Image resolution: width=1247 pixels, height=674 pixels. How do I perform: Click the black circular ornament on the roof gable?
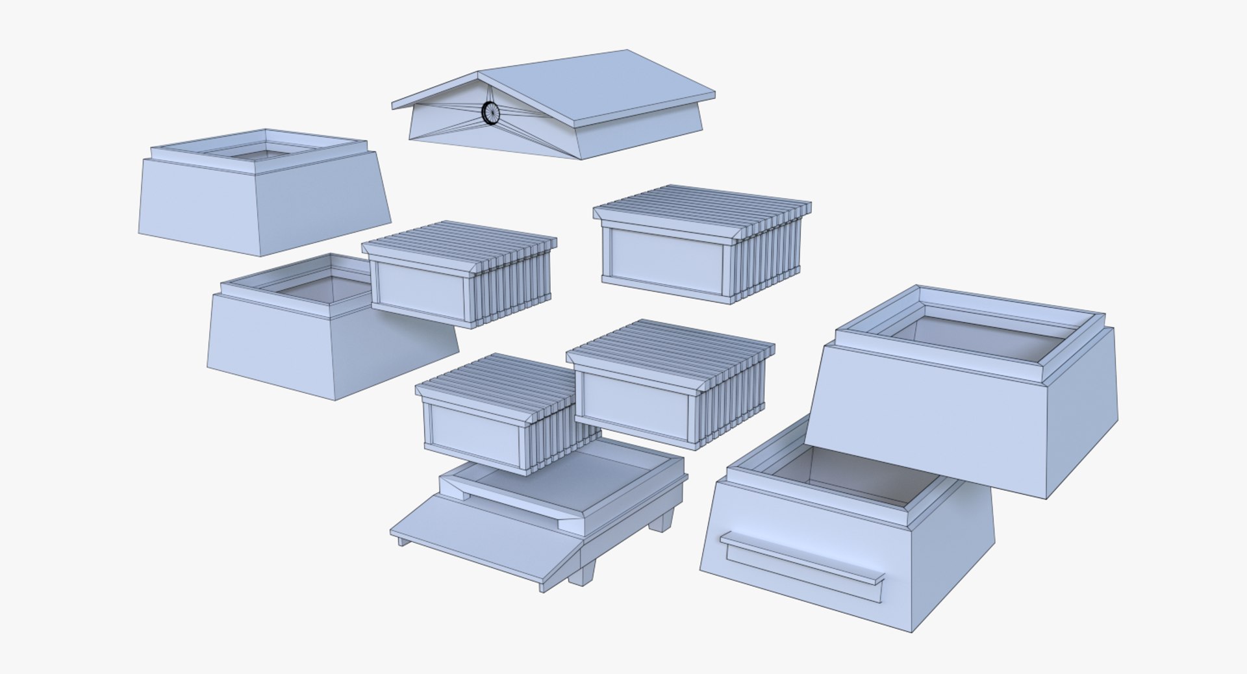[491, 113]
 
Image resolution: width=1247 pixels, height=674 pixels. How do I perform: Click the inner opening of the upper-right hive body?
[981, 334]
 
